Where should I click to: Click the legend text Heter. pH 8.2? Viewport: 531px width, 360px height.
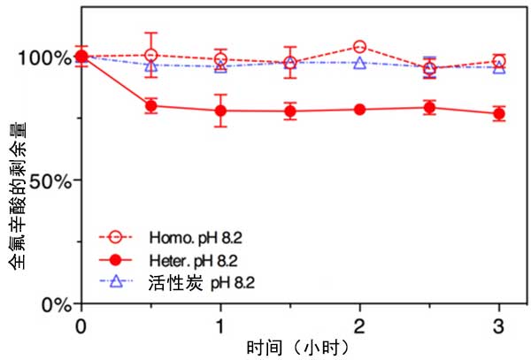191,261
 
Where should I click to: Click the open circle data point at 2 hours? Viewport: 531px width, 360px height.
359,47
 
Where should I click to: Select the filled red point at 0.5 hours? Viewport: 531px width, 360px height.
151,106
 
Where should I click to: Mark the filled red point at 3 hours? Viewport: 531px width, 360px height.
499,114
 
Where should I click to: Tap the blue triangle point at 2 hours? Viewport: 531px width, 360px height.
359,63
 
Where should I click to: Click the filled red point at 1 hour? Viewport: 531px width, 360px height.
220,111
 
